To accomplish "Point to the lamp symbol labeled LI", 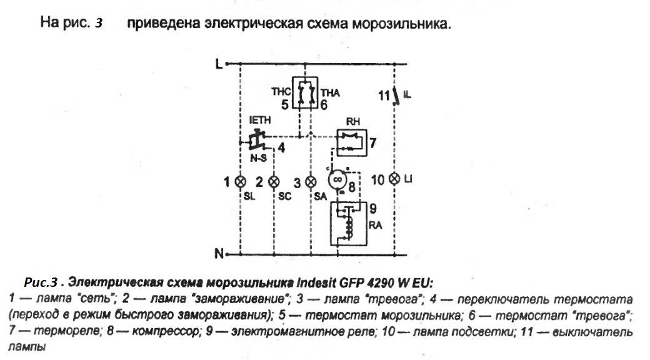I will (x=394, y=179).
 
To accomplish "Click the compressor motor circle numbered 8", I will (x=337, y=179).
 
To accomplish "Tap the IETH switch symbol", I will (x=256, y=138).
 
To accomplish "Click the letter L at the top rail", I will (x=219, y=64).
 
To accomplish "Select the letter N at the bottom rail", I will (x=219, y=254).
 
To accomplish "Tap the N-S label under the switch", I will (x=257, y=157).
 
